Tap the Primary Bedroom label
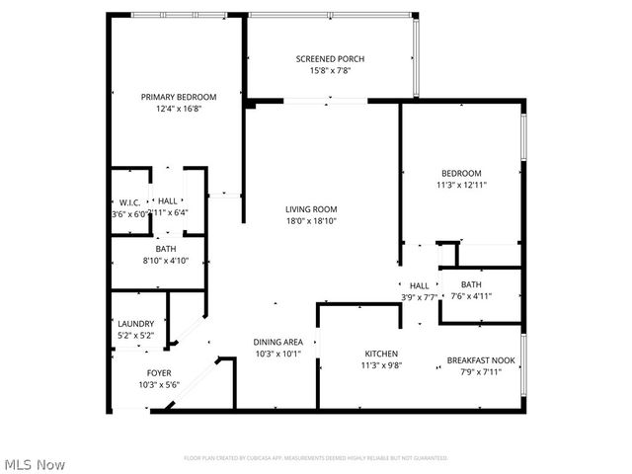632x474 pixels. tap(178, 97)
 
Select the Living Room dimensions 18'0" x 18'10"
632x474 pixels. tap(311, 221)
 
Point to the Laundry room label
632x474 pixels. tap(135, 324)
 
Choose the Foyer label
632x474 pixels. tap(158, 372)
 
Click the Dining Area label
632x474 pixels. tap(284, 342)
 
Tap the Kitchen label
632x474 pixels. tap(381, 354)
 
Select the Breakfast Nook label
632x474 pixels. tap(480, 360)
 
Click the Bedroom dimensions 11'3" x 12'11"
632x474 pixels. tap(461, 185)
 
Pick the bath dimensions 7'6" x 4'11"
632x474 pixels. tap(470, 295)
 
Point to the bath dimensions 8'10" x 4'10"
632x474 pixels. tap(158, 261)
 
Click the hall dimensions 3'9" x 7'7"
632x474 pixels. tap(420, 296)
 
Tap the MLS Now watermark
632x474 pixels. tap(35, 464)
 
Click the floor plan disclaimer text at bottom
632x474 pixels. tap(316, 458)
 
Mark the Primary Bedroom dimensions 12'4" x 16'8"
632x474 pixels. tap(178, 109)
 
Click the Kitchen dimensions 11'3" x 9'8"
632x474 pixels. tap(381, 365)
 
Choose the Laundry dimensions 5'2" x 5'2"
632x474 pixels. tap(135, 336)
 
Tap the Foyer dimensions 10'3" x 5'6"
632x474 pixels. tap(158, 384)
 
